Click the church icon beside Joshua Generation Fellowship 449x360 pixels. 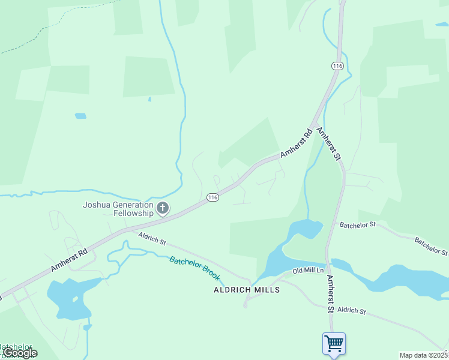[162, 209]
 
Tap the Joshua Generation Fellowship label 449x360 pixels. [118, 209]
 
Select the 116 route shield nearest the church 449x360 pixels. [212, 197]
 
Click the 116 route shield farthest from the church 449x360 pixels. [337, 65]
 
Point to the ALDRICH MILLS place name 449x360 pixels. [247, 289]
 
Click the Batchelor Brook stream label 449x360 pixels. [195, 268]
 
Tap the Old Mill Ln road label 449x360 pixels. [308, 271]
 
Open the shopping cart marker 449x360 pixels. [334, 344]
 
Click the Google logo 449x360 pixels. [20, 353]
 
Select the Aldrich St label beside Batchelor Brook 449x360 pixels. [152, 238]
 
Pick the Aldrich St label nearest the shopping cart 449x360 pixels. [351, 310]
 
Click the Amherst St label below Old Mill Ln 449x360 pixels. [330, 294]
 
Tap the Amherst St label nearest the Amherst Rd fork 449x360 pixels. [328, 143]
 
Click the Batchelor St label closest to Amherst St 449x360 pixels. [357, 225]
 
